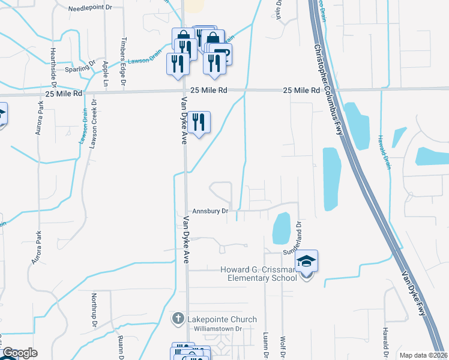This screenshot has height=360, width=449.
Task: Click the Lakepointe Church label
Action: pos(221,319)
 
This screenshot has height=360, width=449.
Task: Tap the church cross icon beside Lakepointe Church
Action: pos(178,319)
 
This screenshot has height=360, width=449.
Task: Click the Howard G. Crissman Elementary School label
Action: pos(258,273)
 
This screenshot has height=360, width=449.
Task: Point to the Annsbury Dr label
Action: pos(210,211)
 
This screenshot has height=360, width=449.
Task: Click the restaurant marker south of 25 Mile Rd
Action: pos(199,123)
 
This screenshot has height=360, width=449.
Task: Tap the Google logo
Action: pos(20,353)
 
